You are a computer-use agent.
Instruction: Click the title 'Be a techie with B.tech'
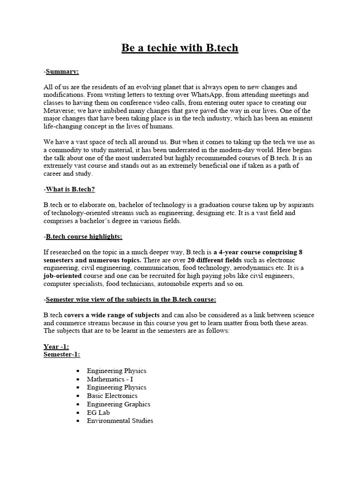[180, 48]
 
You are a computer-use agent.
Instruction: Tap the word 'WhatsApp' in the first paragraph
[211, 95]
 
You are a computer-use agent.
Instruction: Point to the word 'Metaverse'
[60, 111]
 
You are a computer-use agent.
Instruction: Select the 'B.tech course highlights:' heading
[83, 236]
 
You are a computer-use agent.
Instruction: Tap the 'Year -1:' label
[57, 347]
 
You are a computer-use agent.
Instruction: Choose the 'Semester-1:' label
[62, 354]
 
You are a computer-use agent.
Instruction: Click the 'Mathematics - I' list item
[110, 379]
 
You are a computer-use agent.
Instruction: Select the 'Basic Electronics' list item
[112, 396]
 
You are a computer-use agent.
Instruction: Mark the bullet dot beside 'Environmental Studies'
[77, 421]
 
